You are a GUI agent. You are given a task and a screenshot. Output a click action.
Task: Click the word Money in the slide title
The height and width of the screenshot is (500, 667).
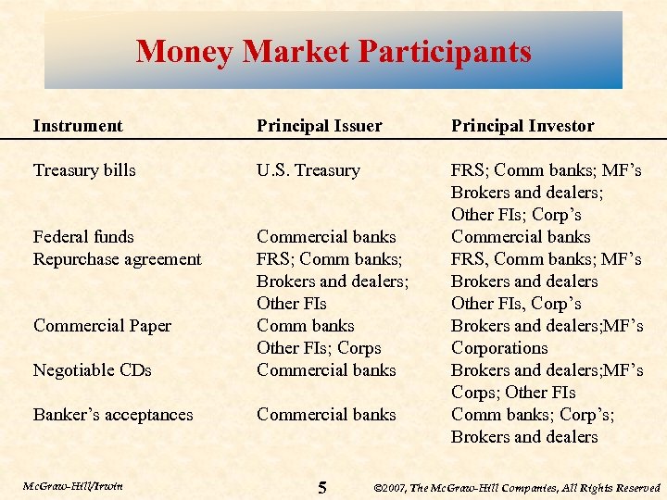coord(184,51)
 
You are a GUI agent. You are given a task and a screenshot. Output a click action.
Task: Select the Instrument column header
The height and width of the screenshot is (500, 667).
coord(78,126)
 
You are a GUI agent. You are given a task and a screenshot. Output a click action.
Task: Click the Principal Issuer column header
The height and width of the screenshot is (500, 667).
coord(319,126)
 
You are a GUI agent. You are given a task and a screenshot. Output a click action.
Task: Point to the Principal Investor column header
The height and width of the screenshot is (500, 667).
coord(522,126)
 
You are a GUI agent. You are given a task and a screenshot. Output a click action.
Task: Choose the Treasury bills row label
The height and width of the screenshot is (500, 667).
coord(84,170)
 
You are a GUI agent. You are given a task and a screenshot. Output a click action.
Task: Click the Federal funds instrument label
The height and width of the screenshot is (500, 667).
coord(83,237)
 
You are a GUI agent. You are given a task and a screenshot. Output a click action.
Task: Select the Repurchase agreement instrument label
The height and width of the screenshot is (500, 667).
coord(117,259)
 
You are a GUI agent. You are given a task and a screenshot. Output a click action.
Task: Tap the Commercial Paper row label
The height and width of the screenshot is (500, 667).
coord(102,326)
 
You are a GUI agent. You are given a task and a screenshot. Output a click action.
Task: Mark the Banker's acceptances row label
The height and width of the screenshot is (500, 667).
coord(113,415)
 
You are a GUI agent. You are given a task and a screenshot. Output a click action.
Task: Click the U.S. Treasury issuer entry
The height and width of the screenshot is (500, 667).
coord(308,170)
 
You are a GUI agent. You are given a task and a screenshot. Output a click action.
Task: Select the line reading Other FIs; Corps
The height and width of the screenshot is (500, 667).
coord(319,348)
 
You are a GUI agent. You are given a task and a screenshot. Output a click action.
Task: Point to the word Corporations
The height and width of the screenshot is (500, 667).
coord(499,348)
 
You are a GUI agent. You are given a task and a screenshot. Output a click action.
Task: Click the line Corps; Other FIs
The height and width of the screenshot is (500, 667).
coord(513,393)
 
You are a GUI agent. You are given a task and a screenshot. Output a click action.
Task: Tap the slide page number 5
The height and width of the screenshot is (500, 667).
coord(321,487)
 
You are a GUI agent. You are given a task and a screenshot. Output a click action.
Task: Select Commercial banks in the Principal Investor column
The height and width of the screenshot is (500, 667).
coord(521,237)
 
